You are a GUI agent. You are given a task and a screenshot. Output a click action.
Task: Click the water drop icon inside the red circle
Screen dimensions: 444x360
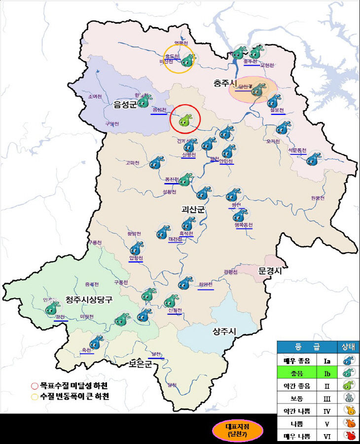pos(185,120)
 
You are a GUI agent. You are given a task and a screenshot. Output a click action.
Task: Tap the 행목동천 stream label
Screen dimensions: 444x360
pos(244,225)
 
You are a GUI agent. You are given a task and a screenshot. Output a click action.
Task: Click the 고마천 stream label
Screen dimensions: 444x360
pos(133,163)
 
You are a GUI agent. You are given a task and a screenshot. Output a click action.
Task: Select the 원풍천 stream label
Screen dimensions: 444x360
pos(318,198)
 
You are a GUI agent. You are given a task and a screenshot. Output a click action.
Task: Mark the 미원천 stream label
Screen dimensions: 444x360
pos(87,317)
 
